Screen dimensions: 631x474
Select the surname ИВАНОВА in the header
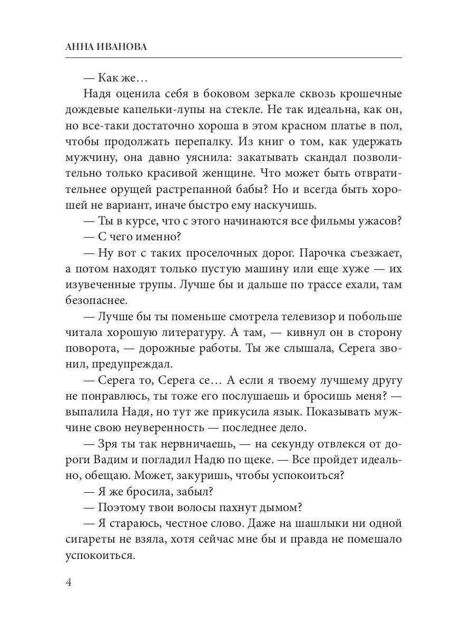pos(124,47)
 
